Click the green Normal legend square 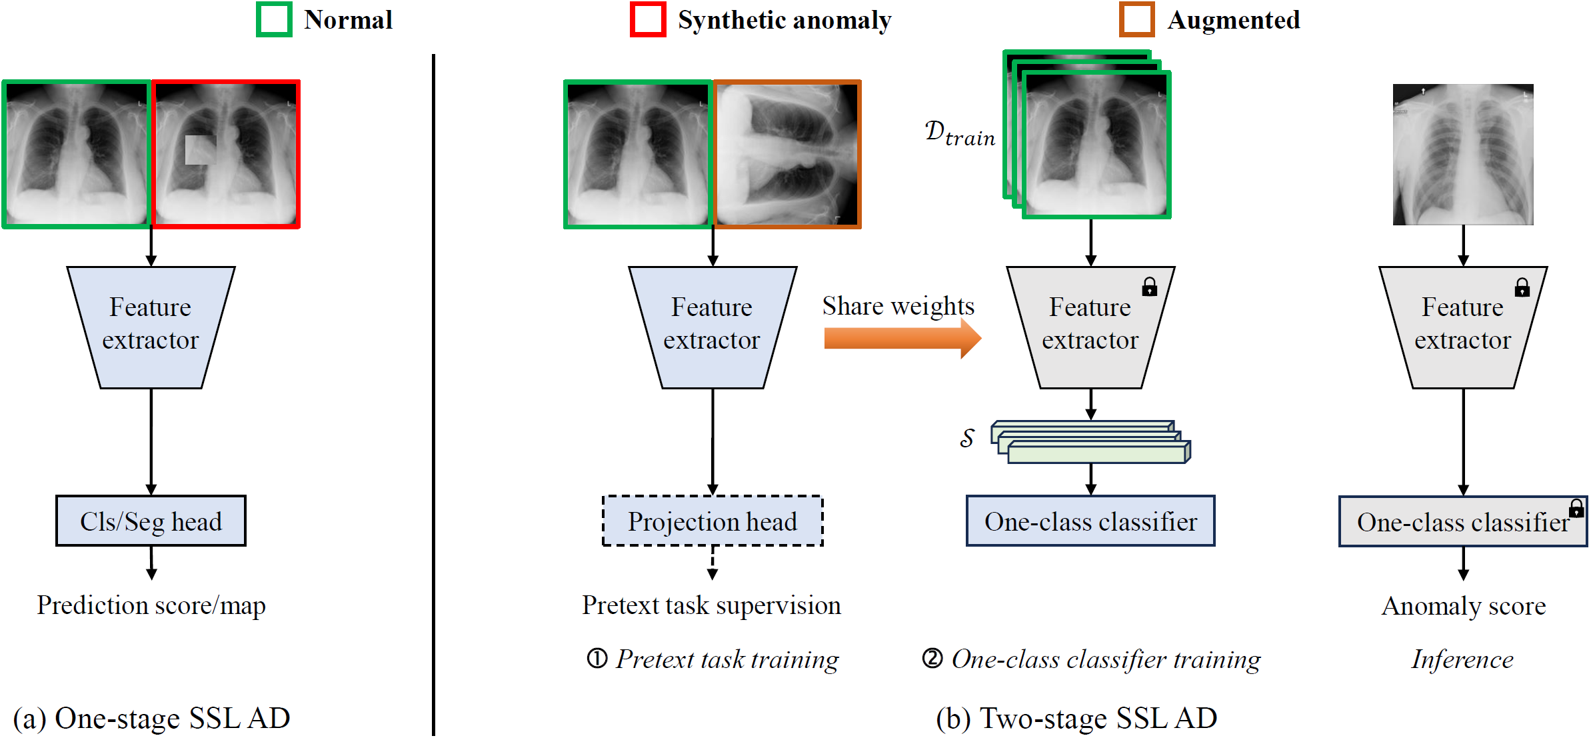pos(274,19)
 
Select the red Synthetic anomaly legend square pos(648,19)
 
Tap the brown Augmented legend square pos(1136,19)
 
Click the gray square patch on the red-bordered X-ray pos(200,150)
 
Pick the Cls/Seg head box pos(151,521)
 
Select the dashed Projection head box pos(713,521)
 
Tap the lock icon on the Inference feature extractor pos(1522,287)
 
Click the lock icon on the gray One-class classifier pos(1576,509)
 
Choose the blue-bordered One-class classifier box pos(1090,521)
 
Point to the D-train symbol pos(959,133)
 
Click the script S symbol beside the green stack pos(967,438)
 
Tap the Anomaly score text pos(1463,606)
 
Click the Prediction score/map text pos(151,605)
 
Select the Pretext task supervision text pos(711,605)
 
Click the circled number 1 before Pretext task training pos(597,659)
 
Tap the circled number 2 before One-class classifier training pos(932,659)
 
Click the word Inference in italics pos(1462,659)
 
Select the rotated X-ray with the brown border pos(787,154)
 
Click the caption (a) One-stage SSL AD pos(151,718)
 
